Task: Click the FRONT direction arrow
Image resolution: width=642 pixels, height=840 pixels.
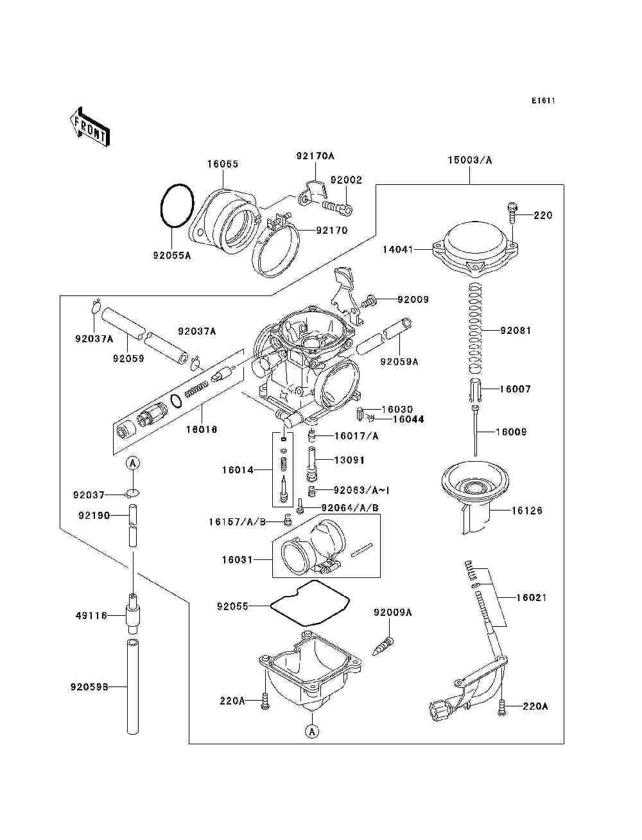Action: [90, 127]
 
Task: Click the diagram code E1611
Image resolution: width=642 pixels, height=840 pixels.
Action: [543, 101]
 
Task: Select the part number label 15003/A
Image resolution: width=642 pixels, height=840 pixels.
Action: [470, 160]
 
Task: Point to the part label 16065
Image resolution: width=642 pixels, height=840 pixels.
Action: [223, 164]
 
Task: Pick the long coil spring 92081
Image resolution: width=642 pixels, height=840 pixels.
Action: [475, 328]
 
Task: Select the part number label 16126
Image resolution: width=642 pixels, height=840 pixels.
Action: [527, 511]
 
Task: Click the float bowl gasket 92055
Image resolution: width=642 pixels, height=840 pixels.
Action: [309, 604]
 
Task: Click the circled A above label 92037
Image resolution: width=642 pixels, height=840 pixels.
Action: [133, 464]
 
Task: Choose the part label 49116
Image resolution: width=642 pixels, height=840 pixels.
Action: [91, 616]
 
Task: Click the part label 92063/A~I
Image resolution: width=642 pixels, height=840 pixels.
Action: [361, 490]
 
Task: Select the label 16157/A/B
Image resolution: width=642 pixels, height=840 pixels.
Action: [237, 522]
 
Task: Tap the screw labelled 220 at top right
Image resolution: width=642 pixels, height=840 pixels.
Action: [512, 213]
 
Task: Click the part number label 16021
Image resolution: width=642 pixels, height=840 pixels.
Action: [531, 597]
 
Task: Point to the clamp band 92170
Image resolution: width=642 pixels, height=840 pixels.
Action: [276, 245]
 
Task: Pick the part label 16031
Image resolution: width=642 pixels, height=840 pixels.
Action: [238, 560]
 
